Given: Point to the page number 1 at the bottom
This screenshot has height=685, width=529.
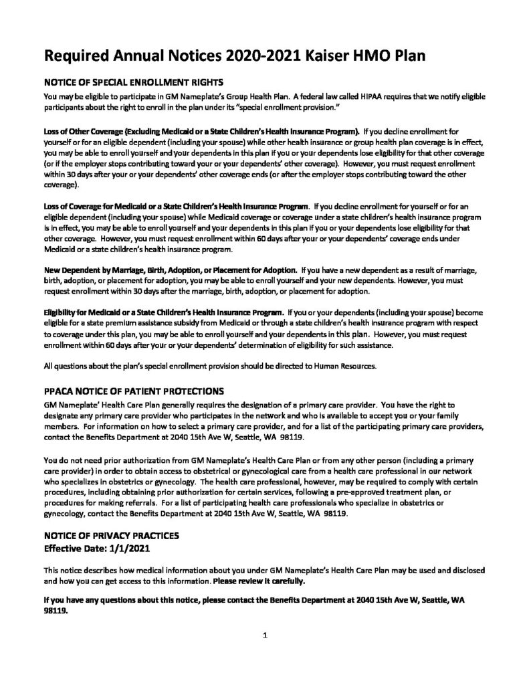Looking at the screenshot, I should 265,635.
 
